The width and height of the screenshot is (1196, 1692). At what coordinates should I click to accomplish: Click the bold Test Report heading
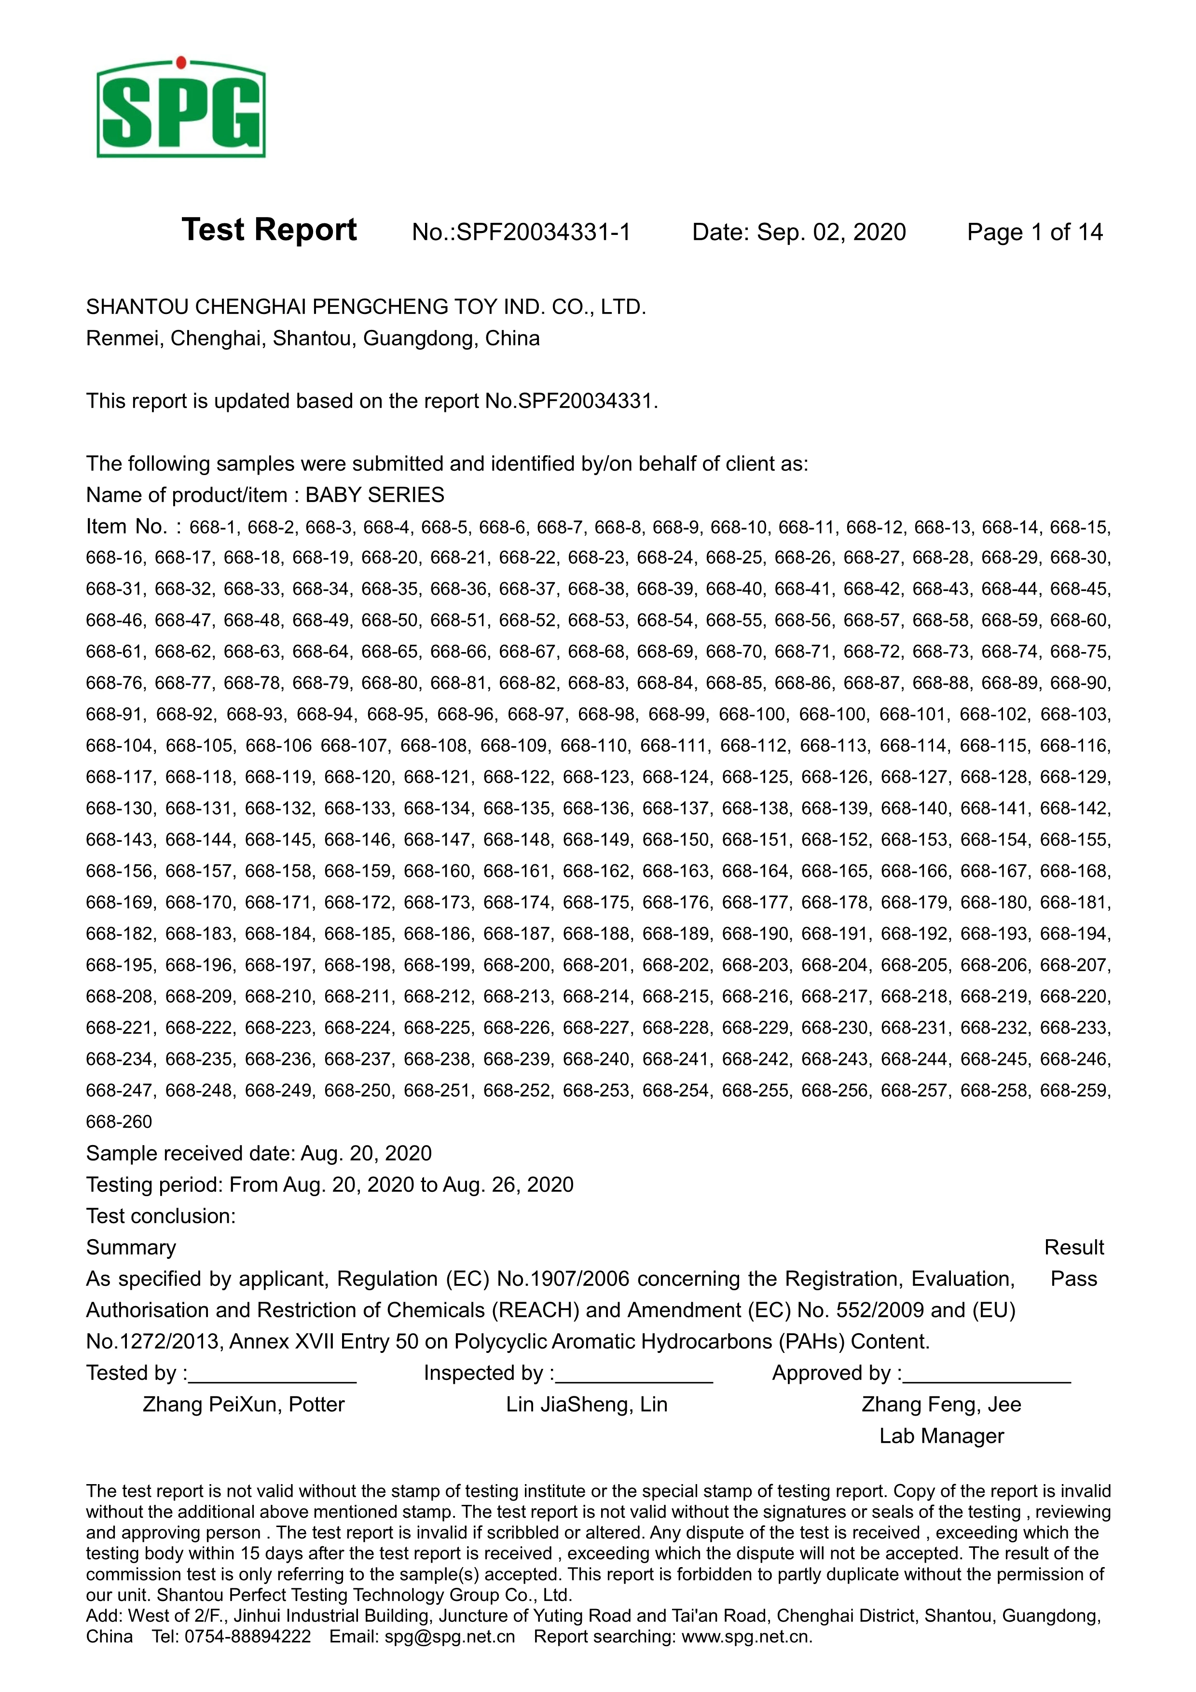(x=269, y=230)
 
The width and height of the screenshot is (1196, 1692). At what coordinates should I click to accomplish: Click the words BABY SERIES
(x=374, y=495)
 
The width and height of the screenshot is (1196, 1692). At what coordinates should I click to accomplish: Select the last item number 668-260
(x=119, y=1121)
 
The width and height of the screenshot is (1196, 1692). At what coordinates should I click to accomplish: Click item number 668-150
(x=675, y=840)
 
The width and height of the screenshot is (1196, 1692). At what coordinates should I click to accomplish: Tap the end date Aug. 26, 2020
(x=508, y=1185)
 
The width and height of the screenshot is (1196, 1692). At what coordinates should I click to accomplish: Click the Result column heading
(x=1073, y=1248)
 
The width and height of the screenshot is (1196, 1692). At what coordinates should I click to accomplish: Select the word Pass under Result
(x=1073, y=1279)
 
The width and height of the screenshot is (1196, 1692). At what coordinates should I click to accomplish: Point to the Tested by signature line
(x=272, y=1375)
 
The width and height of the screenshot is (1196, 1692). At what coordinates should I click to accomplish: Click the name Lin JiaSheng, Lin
(x=587, y=1405)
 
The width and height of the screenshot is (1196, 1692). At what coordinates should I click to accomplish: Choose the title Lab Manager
(x=941, y=1436)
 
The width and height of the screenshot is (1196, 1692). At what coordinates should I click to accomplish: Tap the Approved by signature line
(x=988, y=1375)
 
